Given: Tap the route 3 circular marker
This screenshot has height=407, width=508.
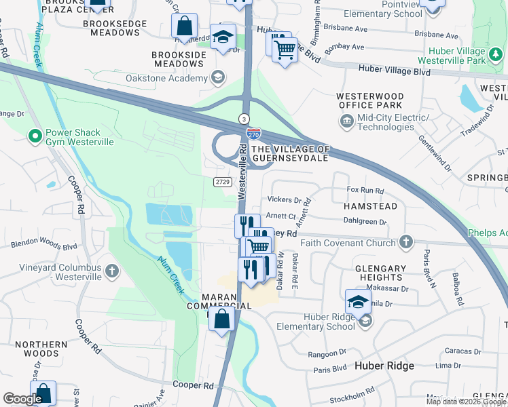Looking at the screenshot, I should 243,119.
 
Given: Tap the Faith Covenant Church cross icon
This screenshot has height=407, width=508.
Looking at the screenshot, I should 405,242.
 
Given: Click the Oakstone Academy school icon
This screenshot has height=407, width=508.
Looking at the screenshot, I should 217,77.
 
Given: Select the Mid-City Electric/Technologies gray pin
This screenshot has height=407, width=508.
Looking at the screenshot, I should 346,121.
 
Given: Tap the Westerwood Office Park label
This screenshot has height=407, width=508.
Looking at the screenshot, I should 370,100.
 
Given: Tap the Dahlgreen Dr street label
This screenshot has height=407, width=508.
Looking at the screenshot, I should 365,221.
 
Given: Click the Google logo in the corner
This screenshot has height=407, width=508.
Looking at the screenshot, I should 22,399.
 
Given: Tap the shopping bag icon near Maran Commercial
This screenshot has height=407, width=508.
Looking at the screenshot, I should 222,319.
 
